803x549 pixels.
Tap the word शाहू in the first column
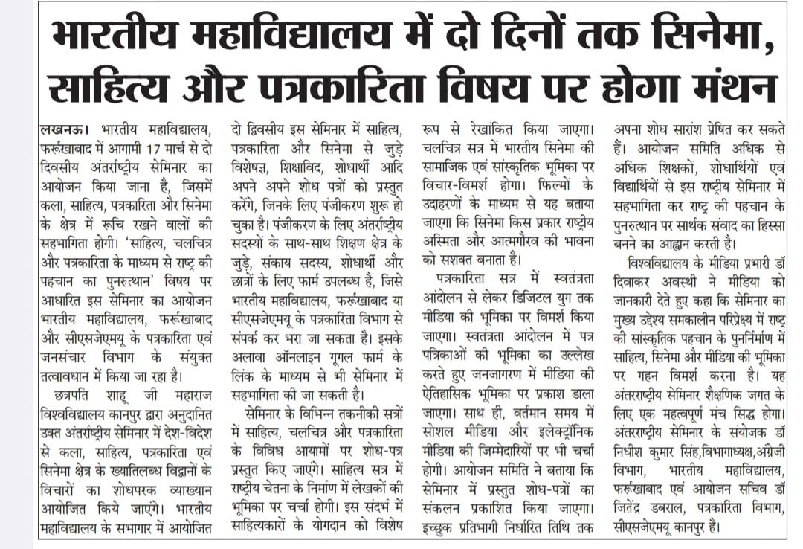pyautogui.click(x=126, y=390)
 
